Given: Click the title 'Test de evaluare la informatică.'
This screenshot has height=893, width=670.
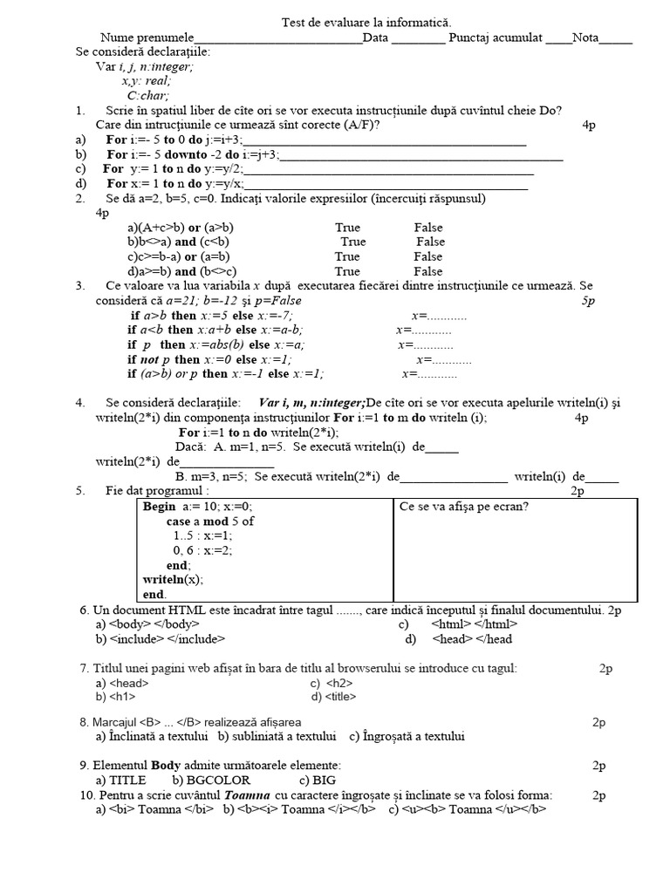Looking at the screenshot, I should pos(366,22).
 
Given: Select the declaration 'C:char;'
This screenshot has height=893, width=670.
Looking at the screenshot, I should pos(147,96).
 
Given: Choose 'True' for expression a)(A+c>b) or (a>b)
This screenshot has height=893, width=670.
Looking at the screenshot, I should pos(347,227).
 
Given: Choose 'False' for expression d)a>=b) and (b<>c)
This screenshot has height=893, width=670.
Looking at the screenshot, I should pos(428,271).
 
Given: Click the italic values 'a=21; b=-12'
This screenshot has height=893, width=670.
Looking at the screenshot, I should pos(227,301).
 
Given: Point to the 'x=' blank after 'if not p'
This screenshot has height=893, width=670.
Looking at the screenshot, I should pos(443,359).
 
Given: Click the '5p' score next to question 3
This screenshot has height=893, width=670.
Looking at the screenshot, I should pos(588,301).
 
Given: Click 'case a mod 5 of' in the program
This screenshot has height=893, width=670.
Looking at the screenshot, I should pos(210,521).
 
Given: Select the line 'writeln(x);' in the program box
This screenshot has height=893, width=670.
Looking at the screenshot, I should pos(173,579).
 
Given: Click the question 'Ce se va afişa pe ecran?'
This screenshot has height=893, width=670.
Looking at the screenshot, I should pos(463,507).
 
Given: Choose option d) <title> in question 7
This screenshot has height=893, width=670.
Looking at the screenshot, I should pos(333,698).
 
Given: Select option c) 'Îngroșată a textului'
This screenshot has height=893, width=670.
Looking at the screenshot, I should pos(407,736).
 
